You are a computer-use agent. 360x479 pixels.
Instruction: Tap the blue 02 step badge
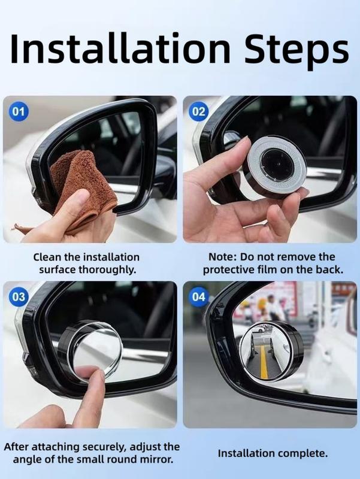coord(199,111)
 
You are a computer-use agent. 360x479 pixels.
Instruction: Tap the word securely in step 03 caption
coord(89,447)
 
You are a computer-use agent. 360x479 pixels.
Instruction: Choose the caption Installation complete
coord(273,453)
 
